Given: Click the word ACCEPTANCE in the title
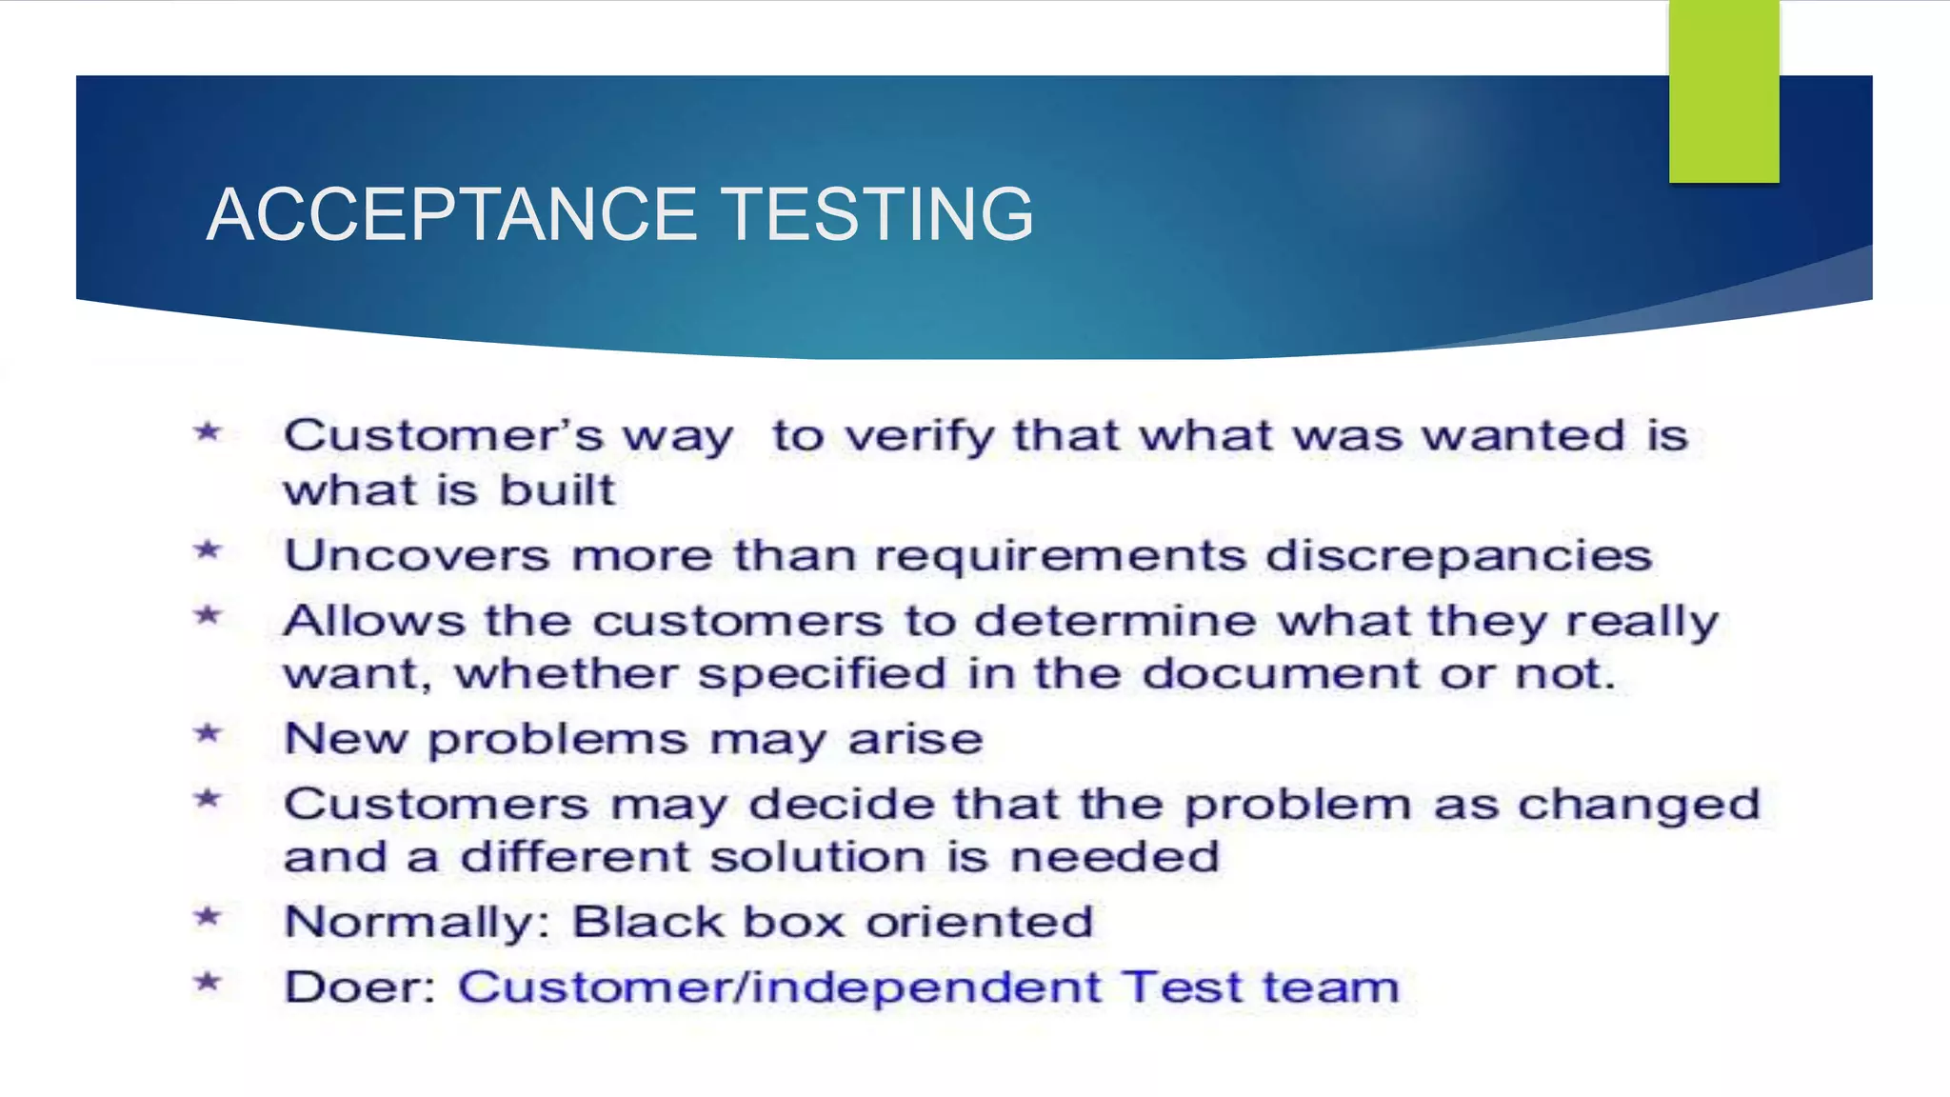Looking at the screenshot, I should [452, 214].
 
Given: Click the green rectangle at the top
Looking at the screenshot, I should [1723, 91].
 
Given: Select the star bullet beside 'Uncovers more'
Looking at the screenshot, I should [208, 550].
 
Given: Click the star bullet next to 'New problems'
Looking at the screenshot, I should [208, 734].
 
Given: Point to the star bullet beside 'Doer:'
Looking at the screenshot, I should [208, 982].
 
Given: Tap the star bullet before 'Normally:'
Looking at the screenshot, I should [208, 918].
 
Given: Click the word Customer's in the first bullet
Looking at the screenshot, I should [443, 436].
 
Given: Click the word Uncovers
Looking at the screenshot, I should [417, 555].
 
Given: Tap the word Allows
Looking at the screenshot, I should [374, 621].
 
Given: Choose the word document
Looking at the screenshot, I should [1281, 674].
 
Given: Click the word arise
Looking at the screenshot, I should [915, 739].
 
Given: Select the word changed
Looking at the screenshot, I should [1639, 806].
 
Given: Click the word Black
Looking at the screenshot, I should [648, 922].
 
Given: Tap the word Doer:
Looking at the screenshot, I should [360, 987].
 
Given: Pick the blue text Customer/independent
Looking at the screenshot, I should [779, 987].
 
